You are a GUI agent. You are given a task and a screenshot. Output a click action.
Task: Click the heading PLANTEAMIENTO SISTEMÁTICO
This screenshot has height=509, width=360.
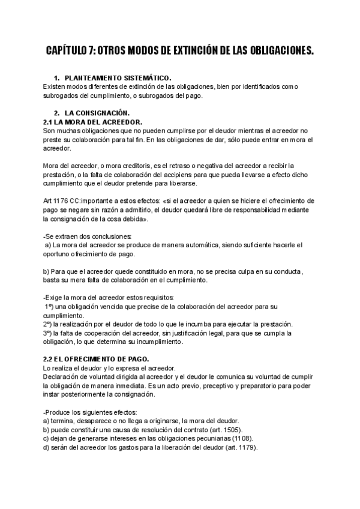pyautogui.click(x=118, y=79)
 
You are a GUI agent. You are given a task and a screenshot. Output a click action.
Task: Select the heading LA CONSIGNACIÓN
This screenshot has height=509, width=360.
pyautogui.click(x=97, y=113)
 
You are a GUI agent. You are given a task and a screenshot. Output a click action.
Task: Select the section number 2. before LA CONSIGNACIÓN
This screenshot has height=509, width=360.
pyautogui.click(x=56, y=113)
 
